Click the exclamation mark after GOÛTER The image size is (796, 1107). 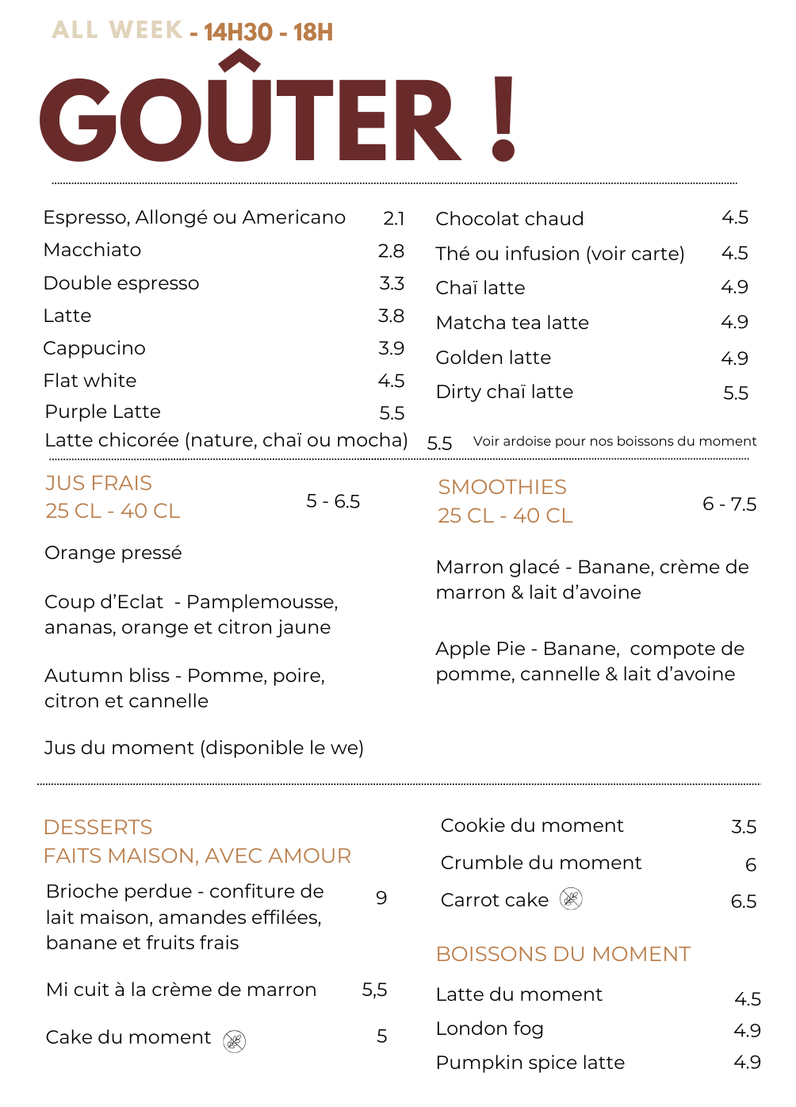click(503, 119)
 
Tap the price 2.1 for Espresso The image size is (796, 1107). click(393, 219)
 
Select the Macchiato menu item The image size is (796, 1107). click(93, 251)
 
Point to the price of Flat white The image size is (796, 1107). click(391, 381)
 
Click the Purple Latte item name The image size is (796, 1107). click(103, 412)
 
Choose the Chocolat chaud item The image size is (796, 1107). click(509, 219)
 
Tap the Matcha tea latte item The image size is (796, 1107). click(512, 323)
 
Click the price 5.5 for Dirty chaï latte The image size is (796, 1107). click(736, 393)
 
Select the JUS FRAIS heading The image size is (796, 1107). click(98, 484)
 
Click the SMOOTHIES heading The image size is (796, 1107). click(502, 488)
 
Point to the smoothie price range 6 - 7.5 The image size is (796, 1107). click(729, 504)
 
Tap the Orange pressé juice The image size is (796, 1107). click(113, 553)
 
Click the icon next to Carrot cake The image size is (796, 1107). click(571, 898)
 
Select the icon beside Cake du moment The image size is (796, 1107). click(234, 1041)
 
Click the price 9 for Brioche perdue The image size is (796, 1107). click(381, 898)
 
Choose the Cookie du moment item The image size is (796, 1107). click(532, 826)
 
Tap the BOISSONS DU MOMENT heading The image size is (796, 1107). click(563, 954)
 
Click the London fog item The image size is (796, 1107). click(489, 1029)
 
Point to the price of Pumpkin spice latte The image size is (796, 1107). click(747, 1063)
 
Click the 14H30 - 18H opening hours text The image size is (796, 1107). click(268, 33)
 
